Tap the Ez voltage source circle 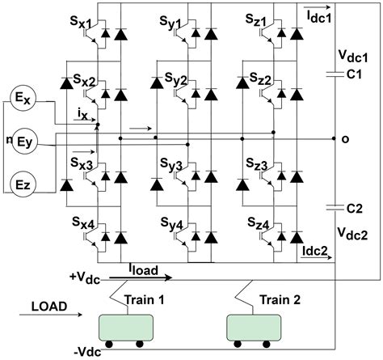point(22,185)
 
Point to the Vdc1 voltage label point(352,57)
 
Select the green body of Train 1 point(126,328)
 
